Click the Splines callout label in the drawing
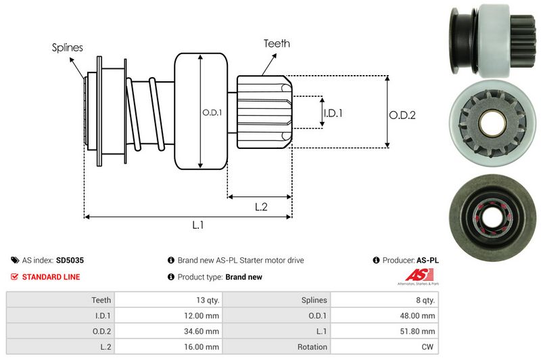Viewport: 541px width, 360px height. coord(67,47)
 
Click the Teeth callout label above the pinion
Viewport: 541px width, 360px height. coord(277,43)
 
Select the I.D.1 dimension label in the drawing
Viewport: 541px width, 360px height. coord(332,113)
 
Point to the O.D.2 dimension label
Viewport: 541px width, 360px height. coord(402,115)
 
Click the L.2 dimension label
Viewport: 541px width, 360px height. coord(261,207)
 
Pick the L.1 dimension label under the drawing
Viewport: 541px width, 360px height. coord(197,226)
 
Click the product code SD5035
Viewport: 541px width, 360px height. coord(70,260)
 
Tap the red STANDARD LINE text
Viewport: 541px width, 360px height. coord(51,277)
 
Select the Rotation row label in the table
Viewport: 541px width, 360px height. coord(312,346)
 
